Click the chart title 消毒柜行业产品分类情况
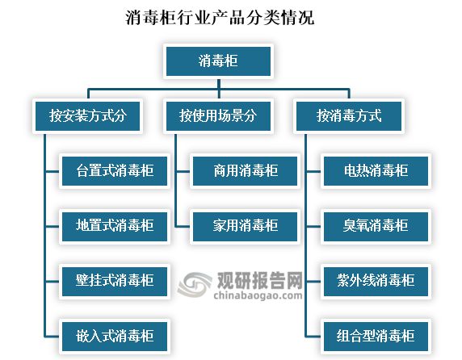(220, 18)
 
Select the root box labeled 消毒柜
(218, 61)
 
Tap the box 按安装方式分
(87, 116)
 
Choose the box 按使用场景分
(218, 116)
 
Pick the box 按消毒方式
(349, 116)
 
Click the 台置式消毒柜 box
(115, 171)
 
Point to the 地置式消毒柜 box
(115, 226)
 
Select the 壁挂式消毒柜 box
(115, 281)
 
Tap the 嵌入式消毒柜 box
(115, 336)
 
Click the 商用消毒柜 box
(246, 171)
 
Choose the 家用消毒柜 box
(246, 226)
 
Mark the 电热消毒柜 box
(376, 171)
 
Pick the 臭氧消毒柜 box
(376, 226)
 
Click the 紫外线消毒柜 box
(376, 281)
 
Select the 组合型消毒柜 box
(376, 336)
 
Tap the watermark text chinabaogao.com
(258, 295)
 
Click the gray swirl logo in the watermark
(195, 284)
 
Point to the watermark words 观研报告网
(260, 280)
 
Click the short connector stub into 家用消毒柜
(183, 226)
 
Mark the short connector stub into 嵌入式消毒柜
(52, 336)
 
